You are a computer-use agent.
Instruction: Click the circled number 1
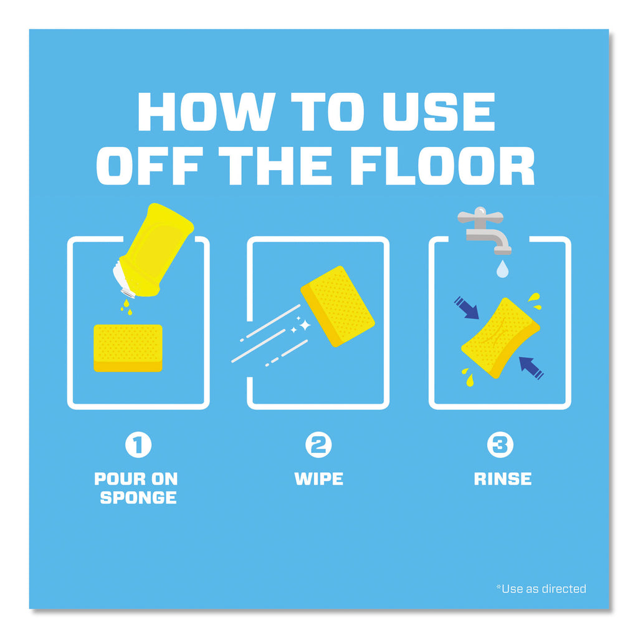click(x=138, y=444)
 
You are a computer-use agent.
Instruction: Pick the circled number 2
click(x=318, y=444)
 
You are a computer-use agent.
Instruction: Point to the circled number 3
click(x=500, y=444)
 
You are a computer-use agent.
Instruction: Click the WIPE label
click(x=318, y=479)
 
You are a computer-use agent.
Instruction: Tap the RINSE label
click(x=503, y=479)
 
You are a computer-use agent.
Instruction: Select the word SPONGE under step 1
click(x=138, y=498)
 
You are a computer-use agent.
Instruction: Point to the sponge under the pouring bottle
click(x=128, y=348)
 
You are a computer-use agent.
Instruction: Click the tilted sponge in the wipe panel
click(x=338, y=306)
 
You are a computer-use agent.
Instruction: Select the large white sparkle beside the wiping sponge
click(x=305, y=325)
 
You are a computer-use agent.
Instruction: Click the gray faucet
click(x=484, y=230)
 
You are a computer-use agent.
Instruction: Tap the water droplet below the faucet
click(x=503, y=269)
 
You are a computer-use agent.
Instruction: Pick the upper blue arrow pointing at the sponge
click(x=467, y=308)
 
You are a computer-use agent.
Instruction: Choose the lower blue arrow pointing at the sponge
click(x=531, y=368)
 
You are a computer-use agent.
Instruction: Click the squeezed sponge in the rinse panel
click(x=500, y=338)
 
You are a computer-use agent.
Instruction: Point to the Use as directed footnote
click(x=541, y=589)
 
